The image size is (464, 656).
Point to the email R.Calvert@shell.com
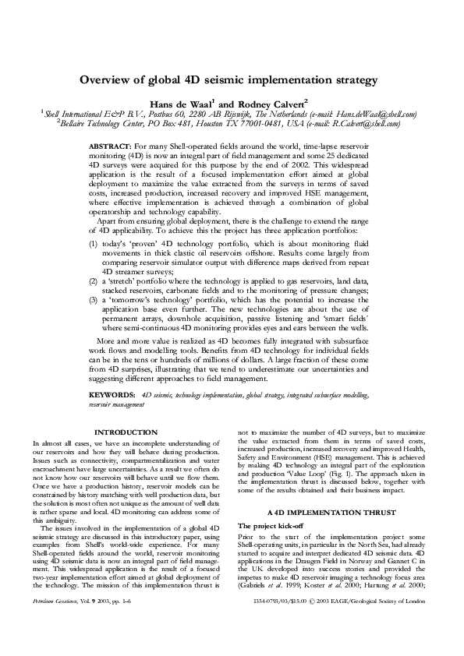point(366,122)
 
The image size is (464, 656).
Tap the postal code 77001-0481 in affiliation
point(251,122)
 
